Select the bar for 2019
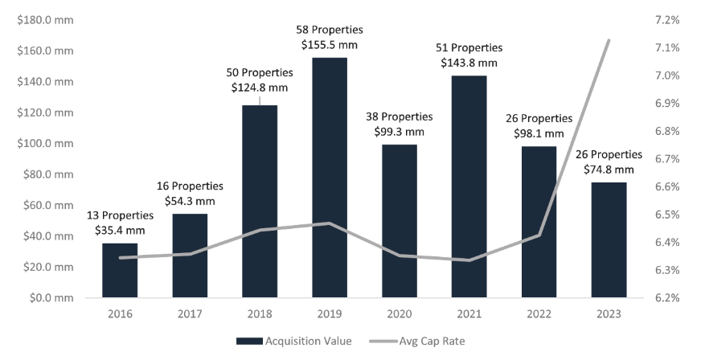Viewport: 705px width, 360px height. (x=330, y=178)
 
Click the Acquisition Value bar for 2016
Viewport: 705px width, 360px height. (x=119, y=270)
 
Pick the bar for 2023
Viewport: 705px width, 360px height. (x=609, y=239)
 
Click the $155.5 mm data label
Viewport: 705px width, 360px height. (x=330, y=46)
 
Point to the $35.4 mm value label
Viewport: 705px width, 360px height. (x=119, y=231)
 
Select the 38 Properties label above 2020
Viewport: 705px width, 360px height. (x=400, y=117)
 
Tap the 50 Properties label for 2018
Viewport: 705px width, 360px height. (x=260, y=72)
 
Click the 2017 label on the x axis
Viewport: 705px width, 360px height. (x=190, y=314)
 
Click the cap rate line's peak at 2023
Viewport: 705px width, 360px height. (x=609, y=40)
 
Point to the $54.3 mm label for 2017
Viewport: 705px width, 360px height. (x=190, y=202)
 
